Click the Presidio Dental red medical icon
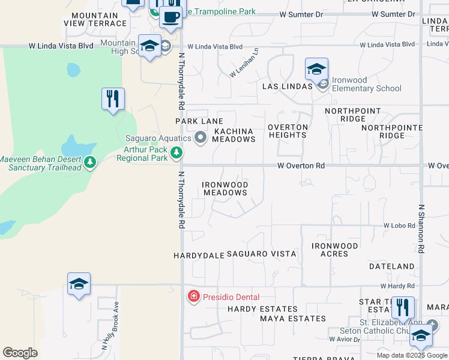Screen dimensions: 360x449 tap(193, 296)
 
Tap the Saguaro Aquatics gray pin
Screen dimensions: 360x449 tap(200, 139)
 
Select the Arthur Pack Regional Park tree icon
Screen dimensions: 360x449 tap(176, 153)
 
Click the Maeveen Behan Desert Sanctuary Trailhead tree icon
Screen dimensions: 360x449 tap(90, 163)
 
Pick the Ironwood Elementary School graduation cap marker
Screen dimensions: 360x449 tap(316, 71)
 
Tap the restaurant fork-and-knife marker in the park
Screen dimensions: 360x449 tap(113, 99)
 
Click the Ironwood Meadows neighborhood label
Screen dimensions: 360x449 tap(225, 188)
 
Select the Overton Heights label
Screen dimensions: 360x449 tap(288, 131)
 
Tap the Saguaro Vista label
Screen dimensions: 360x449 tap(261, 254)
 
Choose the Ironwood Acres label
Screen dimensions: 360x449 tap(334, 250)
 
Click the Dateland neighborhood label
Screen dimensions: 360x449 tap(392, 266)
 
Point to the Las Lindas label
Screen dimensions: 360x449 tap(288, 86)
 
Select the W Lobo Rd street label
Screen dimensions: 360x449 tap(399, 226)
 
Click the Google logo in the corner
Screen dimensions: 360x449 tap(20, 353)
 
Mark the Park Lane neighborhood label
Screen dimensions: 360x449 tap(199, 121)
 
